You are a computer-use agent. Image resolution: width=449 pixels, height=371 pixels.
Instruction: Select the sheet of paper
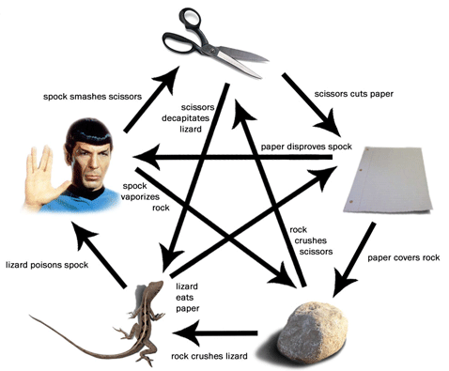[388, 179]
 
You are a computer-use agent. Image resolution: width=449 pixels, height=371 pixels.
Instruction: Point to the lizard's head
[156, 286]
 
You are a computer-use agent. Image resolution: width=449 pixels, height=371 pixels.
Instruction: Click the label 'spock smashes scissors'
[92, 97]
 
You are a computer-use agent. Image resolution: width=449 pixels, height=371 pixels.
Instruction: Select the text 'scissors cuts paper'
[353, 94]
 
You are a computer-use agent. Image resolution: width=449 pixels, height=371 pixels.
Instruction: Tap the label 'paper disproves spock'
[306, 147]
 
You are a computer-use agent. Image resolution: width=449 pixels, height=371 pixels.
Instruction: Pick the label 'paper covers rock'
[403, 257]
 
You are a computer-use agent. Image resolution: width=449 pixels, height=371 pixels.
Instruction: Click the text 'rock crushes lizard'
[209, 356]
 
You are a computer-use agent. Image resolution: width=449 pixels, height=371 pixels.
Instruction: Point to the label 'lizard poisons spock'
[47, 265]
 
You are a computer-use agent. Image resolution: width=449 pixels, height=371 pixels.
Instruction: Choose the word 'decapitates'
[185, 118]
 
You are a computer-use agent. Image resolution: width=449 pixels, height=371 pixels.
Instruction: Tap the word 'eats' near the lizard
[184, 298]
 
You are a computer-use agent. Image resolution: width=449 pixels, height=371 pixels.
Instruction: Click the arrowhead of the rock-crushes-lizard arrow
[184, 333]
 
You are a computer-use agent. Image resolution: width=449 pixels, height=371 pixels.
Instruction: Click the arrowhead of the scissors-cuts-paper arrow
[329, 124]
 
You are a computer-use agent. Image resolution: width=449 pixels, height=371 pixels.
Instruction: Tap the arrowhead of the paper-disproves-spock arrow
[147, 157]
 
